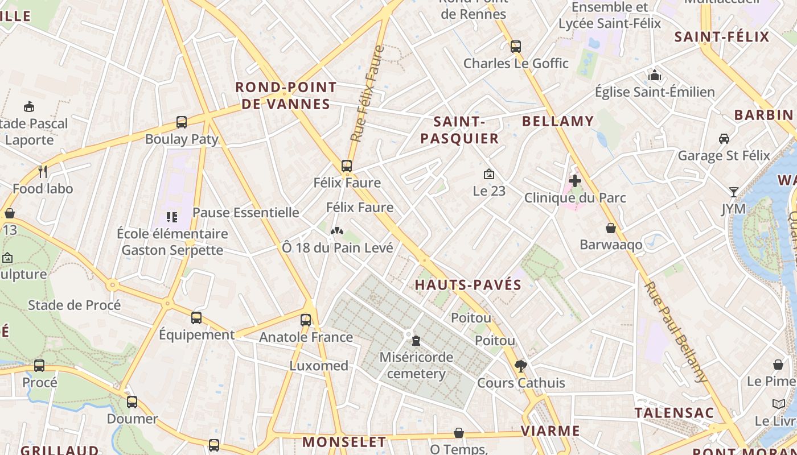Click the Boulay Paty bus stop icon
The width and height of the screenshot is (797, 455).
182,122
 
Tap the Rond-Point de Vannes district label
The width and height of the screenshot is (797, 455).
286,96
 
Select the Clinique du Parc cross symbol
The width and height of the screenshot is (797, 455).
575,181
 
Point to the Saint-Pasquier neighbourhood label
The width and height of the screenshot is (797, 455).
459,130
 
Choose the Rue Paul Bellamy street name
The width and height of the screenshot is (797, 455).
676,332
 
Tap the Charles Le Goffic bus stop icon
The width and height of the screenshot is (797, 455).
516,47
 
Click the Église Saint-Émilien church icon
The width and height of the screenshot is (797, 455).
655,75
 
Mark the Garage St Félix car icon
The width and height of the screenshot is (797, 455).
724,138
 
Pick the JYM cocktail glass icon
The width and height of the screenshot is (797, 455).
734,192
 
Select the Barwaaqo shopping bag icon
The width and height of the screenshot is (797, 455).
611,228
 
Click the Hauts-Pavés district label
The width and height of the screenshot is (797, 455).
468,285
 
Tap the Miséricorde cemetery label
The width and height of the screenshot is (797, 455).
416,366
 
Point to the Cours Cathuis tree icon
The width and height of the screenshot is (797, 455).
520,366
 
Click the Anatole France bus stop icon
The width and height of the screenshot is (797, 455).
306,320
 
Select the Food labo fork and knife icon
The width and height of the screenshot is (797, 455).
43,171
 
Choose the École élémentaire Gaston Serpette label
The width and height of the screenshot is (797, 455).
172,242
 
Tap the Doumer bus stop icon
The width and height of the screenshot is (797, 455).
132,402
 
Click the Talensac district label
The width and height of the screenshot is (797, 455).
674,413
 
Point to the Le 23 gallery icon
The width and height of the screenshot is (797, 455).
488,174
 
